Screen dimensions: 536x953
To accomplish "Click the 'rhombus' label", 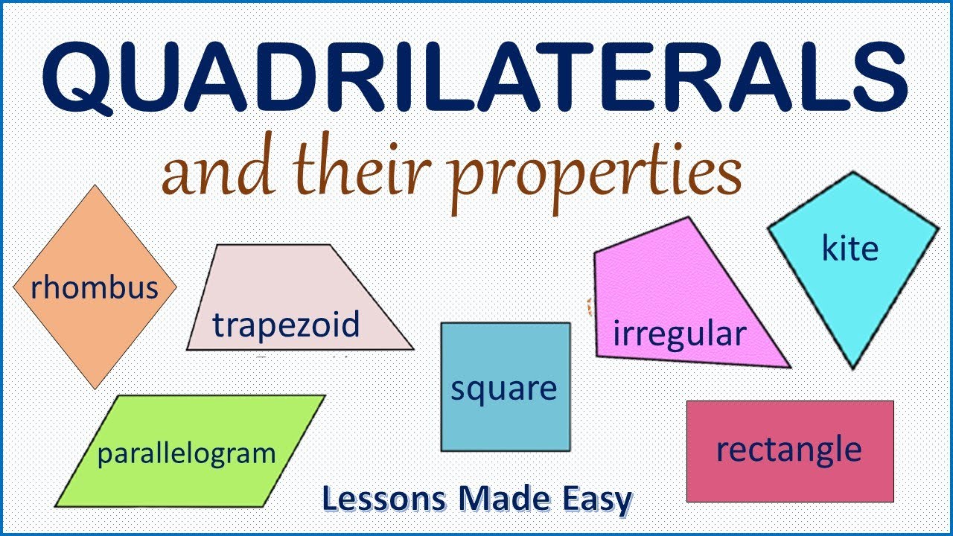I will pos(95,287).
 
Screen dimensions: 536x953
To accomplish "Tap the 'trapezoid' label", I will pos(286,325).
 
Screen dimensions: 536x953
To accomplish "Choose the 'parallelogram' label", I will pos(186,453).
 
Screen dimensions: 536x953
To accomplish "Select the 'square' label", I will pos(504,389).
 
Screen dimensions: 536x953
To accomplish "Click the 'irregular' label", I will pos(678,334).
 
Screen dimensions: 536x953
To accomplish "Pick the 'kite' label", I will pos(850,248).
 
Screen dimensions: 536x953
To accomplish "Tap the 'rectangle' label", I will pos(788,450).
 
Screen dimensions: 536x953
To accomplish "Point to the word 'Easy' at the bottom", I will pos(599,499).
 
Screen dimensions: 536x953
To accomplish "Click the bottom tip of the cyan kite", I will pos(853,368).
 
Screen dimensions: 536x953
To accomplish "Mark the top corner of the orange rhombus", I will pos(95,186).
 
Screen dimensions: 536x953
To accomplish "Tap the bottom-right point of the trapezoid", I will pos(412,349).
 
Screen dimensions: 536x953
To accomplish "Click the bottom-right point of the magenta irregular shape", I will pos(789,366).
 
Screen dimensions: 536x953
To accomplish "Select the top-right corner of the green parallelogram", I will pos(325,396).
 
